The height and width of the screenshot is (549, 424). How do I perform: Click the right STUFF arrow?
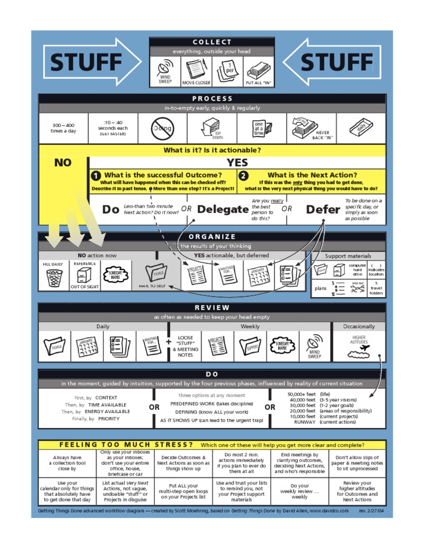335,61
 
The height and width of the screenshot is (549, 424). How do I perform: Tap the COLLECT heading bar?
212,43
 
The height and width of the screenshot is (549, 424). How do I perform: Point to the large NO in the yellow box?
63,162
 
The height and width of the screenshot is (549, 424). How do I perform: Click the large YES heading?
237,162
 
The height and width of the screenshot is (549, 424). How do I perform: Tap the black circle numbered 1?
96,175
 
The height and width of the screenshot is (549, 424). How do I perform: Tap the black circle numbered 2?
243,175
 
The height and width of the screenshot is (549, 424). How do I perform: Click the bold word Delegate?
223,209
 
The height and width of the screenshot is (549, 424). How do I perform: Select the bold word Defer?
323,209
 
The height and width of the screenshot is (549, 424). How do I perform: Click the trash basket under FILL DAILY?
54,278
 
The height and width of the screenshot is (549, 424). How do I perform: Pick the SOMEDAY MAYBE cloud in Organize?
115,275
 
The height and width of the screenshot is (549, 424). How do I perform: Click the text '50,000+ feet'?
301,394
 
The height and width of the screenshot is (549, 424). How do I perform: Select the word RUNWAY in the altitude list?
305,422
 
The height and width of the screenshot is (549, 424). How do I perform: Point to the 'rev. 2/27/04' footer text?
371,511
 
